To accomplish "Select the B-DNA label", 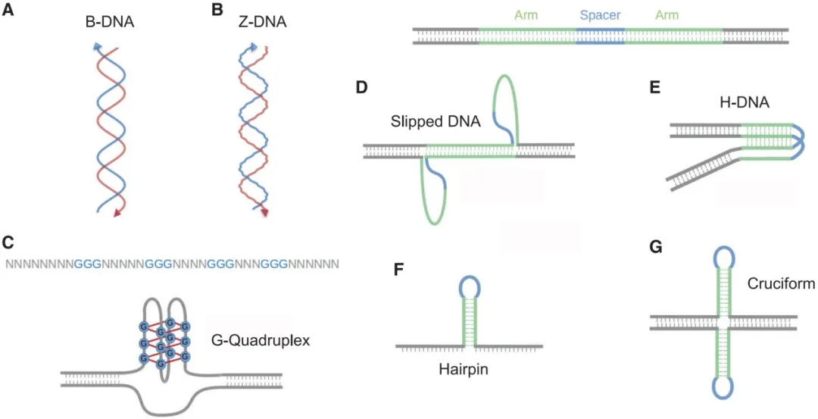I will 110,23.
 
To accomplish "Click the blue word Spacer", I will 600,14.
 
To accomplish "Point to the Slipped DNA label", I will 436,121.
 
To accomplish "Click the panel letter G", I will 655,247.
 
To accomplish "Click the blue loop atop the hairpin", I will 470,286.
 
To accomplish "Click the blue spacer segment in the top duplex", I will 600,35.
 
